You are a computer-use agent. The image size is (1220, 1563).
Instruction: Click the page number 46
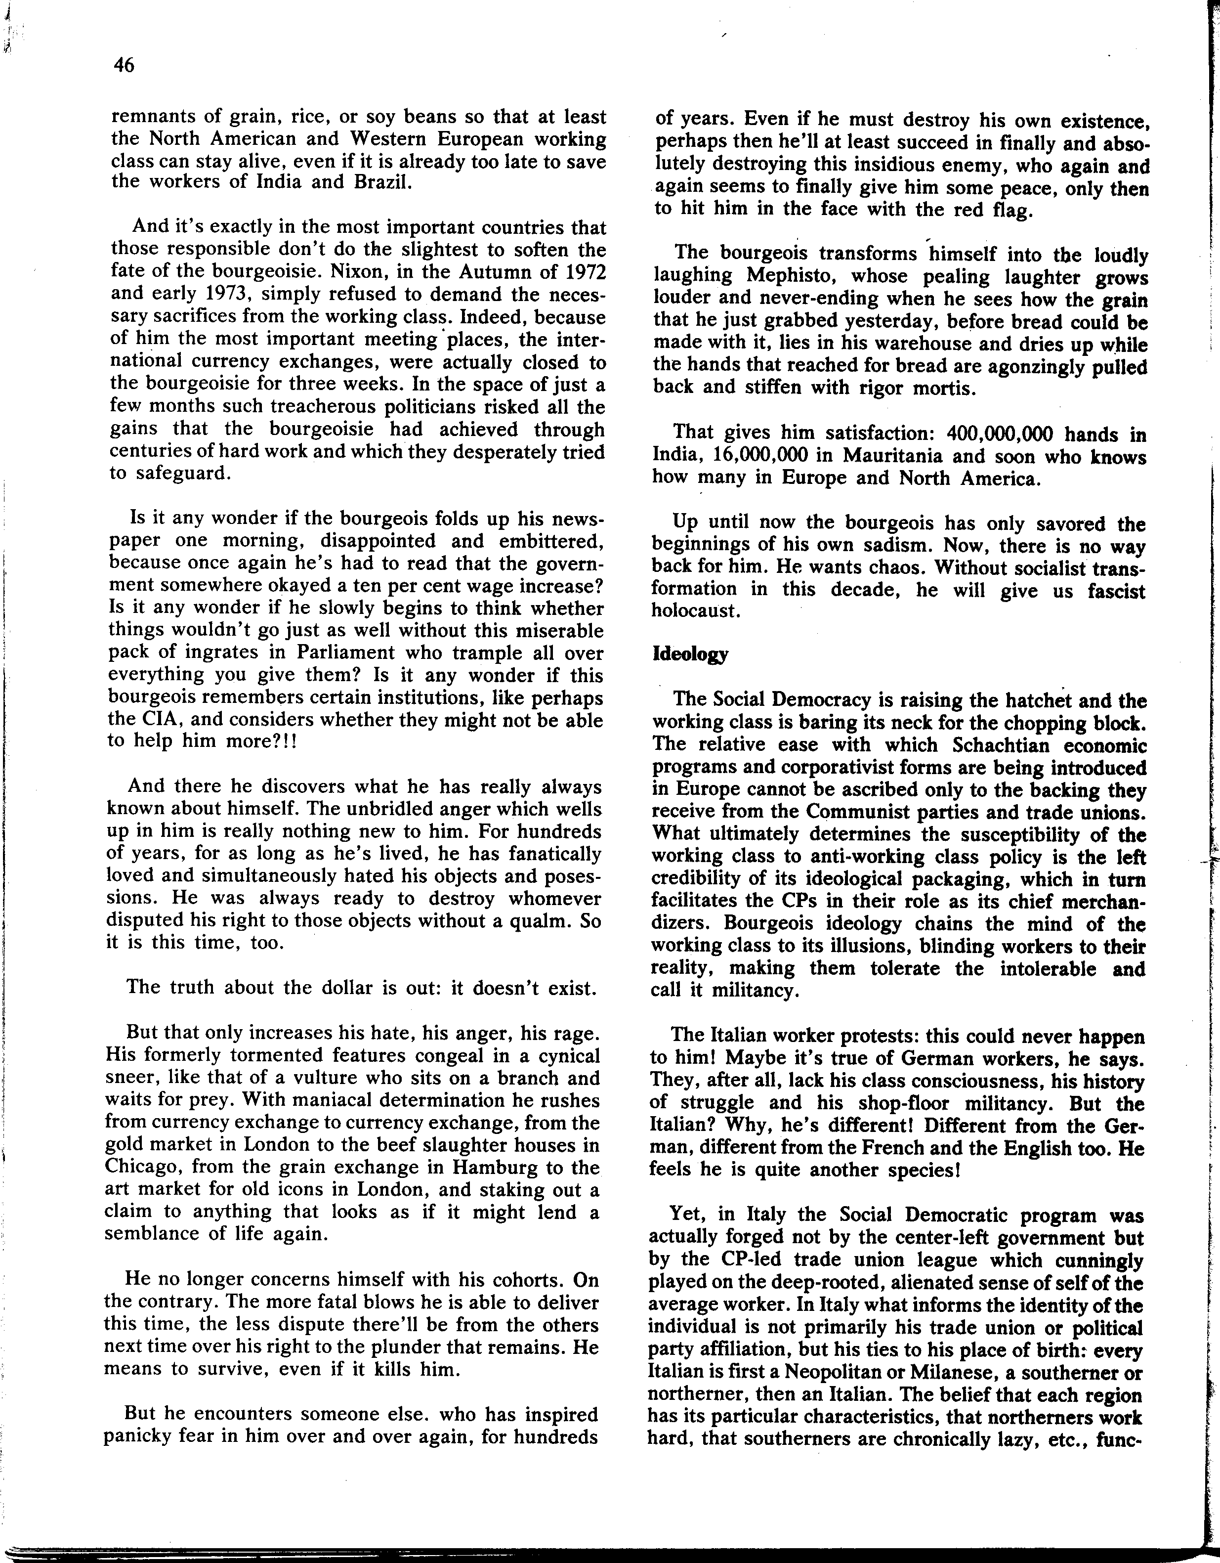[123, 66]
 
